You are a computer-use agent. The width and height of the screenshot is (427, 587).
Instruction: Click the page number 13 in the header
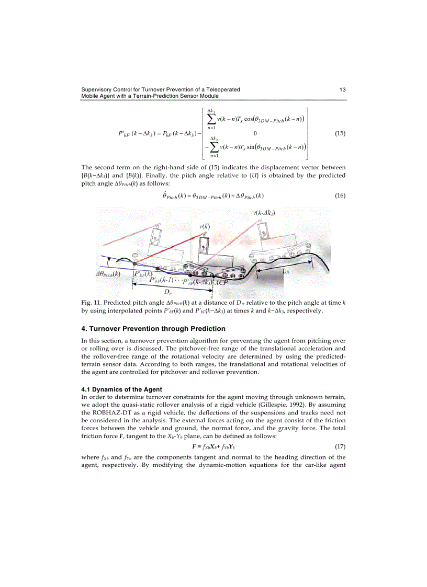[342, 89]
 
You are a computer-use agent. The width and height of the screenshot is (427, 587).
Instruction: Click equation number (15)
[340, 133]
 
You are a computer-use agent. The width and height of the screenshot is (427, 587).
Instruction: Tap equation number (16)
[340, 196]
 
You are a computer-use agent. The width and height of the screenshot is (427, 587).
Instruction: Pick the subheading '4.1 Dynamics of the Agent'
[121, 389]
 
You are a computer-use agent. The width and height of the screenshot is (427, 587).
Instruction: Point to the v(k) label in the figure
[205, 226]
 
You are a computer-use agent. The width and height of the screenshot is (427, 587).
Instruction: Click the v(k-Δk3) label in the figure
[264, 213]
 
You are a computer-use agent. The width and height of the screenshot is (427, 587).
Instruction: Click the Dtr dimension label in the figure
[168, 292]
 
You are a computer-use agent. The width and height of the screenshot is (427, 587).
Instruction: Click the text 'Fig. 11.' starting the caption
[92, 303]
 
